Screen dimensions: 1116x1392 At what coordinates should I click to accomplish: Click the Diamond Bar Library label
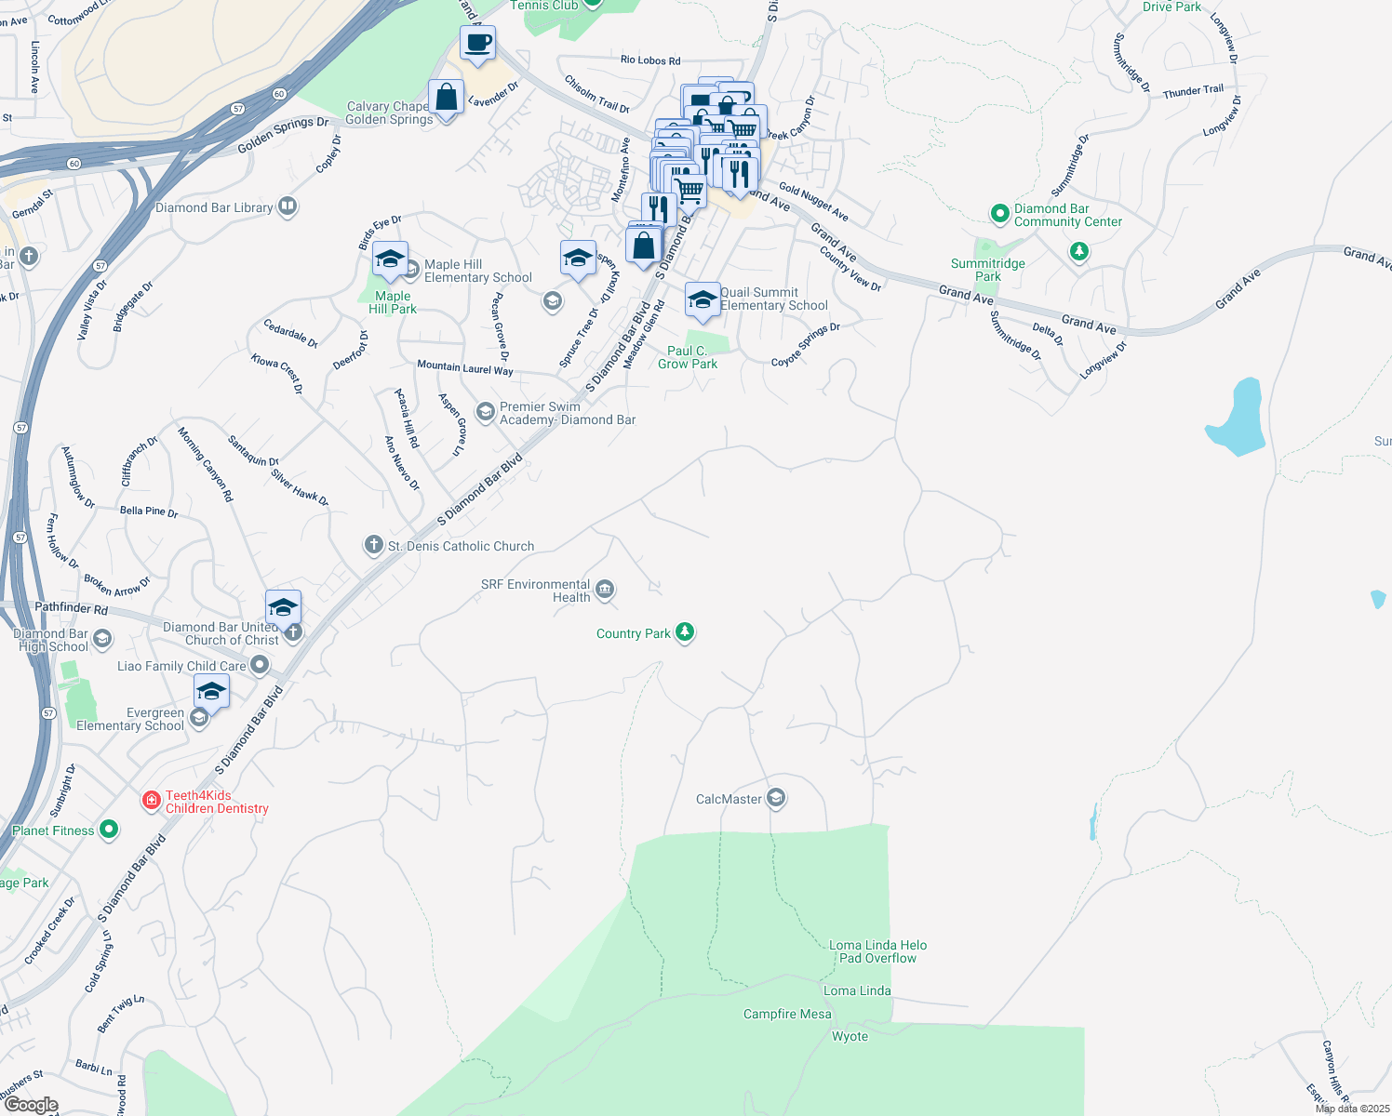pos(214,207)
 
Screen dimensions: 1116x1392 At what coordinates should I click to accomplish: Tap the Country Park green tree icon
pos(685,632)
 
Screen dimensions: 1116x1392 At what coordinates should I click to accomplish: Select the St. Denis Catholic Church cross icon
pos(373,545)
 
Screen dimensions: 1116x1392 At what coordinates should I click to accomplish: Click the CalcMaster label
pos(729,799)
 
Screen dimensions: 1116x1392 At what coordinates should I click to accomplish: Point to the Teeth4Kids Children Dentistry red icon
pos(152,800)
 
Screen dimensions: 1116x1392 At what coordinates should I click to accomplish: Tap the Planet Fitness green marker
pos(109,829)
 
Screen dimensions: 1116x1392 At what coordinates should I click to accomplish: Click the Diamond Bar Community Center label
pos(1067,215)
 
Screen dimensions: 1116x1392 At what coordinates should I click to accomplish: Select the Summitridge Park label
pos(987,270)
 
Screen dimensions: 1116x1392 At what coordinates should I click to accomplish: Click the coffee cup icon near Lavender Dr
pos(477,43)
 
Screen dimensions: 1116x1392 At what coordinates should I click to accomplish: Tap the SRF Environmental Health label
pos(536,591)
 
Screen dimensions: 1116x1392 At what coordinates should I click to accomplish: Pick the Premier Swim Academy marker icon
pos(485,411)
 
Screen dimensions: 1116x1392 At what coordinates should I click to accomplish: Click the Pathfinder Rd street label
pos(71,608)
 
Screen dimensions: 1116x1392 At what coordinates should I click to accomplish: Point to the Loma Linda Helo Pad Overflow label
pos(877,951)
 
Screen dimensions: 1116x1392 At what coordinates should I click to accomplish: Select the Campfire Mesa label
pos(787,1014)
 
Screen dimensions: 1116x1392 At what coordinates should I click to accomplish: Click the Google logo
pos(31,1105)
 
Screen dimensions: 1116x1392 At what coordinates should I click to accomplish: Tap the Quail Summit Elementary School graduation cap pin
pos(702,299)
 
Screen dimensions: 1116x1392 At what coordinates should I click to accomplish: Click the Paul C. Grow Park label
pos(687,357)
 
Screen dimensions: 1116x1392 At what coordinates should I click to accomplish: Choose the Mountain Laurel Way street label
pos(464,368)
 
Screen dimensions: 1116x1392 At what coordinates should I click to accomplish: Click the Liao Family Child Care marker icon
pos(260,665)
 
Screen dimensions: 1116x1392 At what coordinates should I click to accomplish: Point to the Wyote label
pos(850,1036)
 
